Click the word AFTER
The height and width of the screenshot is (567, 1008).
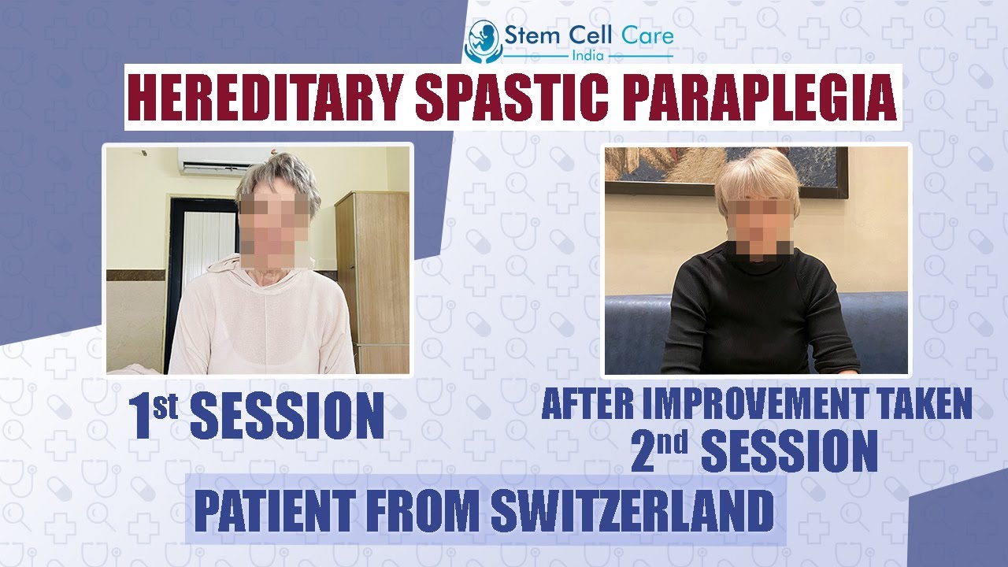click(584, 405)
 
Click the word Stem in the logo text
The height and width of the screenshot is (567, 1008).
click(533, 36)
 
